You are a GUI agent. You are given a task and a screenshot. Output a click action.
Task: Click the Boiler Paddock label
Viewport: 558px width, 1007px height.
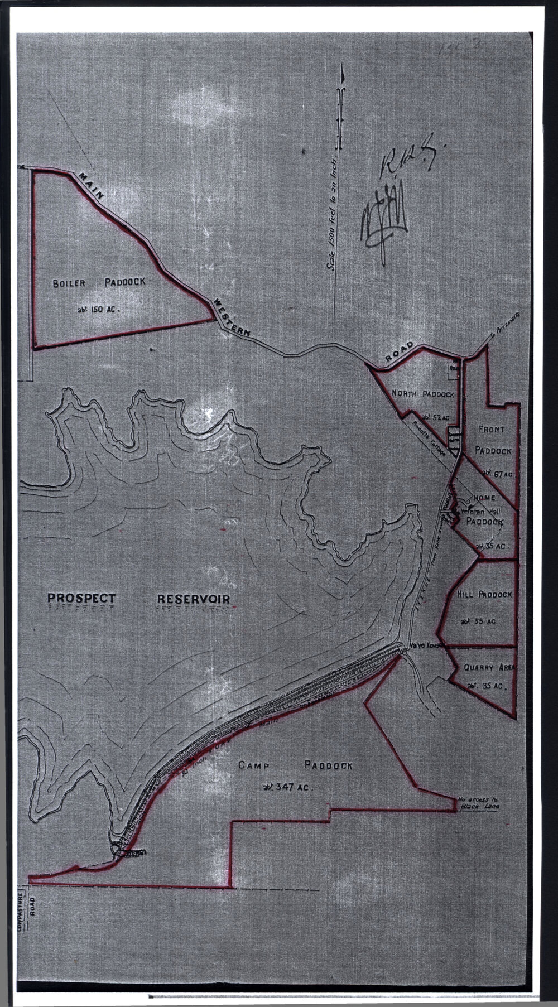pyautogui.click(x=99, y=283)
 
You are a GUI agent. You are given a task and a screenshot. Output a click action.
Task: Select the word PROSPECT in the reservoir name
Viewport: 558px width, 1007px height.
pyautogui.click(x=81, y=599)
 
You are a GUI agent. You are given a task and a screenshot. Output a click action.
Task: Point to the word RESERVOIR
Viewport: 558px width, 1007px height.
pyautogui.click(x=194, y=599)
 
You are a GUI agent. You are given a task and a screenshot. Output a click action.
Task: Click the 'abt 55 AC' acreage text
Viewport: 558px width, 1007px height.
pyautogui.click(x=478, y=620)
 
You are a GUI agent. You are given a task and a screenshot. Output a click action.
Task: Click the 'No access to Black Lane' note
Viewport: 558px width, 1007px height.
pyautogui.click(x=478, y=803)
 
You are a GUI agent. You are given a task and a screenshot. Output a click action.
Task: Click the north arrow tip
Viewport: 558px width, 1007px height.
pyautogui.click(x=343, y=71)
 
